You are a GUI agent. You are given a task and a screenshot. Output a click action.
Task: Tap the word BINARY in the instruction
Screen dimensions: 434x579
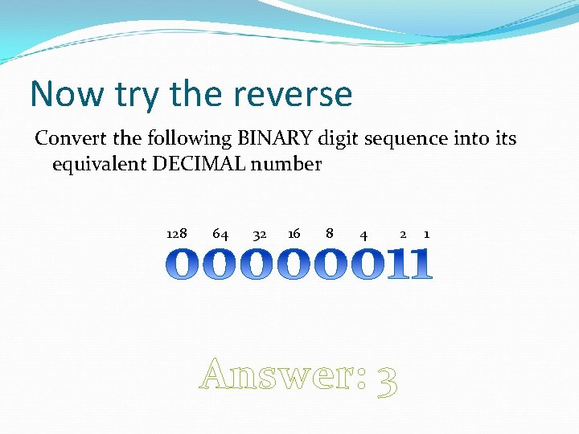click(271, 138)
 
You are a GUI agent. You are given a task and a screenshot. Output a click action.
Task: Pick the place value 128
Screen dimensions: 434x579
click(177, 234)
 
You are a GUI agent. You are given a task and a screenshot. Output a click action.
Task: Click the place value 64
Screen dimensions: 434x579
click(220, 234)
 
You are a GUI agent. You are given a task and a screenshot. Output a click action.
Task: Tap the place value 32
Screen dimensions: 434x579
click(259, 235)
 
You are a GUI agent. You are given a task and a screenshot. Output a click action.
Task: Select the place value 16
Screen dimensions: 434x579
click(294, 234)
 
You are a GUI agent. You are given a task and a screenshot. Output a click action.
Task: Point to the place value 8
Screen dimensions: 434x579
click(330, 234)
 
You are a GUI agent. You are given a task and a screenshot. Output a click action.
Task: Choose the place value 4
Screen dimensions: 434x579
click(364, 235)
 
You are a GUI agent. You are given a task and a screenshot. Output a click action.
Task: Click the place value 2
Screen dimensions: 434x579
click(403, 234)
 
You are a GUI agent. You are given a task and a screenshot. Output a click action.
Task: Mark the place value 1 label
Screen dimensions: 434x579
click(426, 234)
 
